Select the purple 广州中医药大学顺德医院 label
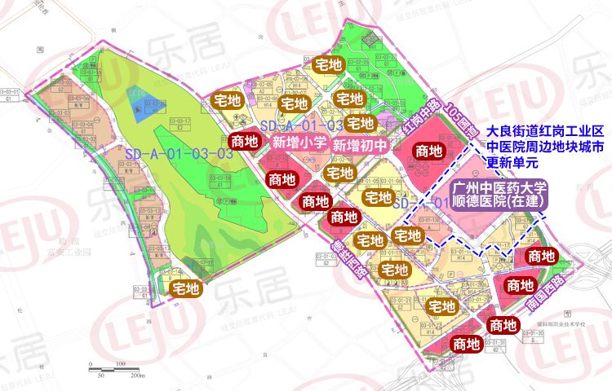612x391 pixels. click(x=493, y=194)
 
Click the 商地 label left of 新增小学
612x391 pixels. click(x=246, y=140)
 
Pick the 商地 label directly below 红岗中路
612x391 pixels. click(x=429, y=151)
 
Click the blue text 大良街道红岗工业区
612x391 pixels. click(x=544, y=130)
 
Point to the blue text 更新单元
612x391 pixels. click(x=510, y=161)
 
